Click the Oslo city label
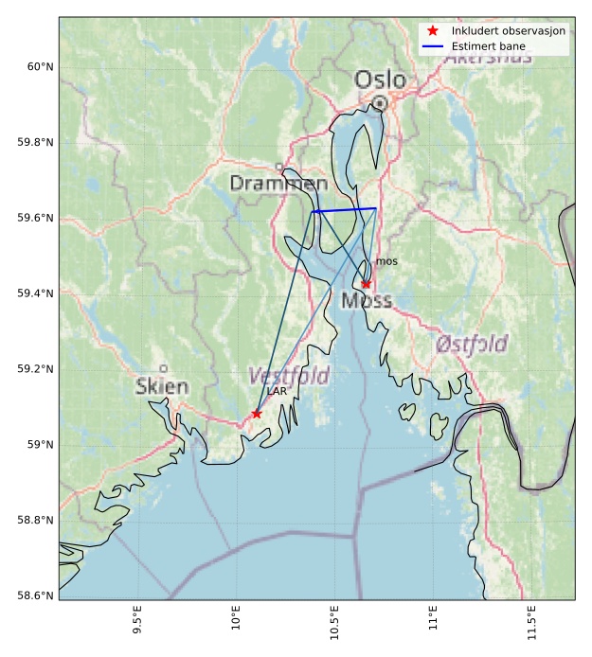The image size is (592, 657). point(380,80)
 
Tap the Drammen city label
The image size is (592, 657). point(278,183)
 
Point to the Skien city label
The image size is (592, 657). point(162,386)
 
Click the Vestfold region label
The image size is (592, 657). point(288,376)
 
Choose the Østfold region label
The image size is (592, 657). point(471,344)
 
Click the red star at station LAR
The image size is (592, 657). point(257,414)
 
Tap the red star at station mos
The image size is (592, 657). point(367,284)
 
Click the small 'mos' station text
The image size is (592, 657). point(386,261)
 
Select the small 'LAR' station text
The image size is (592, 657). point(277,391)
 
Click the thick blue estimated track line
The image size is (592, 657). point(345,210)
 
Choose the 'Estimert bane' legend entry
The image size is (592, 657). point(488,46)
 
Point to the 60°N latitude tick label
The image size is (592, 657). point(39,66)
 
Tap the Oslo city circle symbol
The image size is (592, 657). point(379,102)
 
